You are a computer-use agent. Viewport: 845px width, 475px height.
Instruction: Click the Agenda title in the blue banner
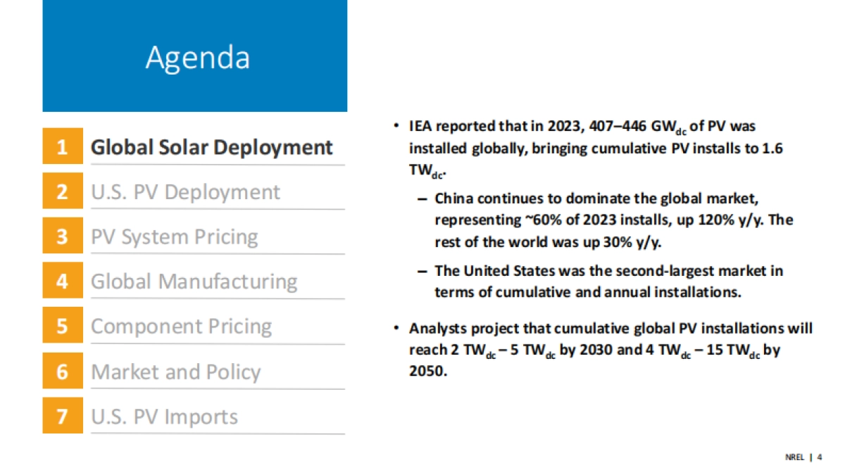click(197, 58)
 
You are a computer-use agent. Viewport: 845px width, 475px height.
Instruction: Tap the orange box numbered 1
click(63, 147)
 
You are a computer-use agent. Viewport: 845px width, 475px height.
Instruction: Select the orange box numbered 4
click(63, 281)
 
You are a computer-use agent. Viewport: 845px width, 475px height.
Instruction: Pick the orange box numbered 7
click(63, 417)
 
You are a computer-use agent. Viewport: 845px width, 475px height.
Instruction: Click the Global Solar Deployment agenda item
click(211, 147)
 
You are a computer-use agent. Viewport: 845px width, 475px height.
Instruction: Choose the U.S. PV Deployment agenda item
click(185, 192)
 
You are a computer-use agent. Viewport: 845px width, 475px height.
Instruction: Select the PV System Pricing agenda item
click(174, 237)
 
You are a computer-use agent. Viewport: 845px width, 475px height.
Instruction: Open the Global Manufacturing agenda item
click(194, 281)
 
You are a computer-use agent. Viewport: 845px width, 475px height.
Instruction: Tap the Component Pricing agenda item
click(181, 327)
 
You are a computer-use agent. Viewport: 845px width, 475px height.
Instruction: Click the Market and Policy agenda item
click(175, 372)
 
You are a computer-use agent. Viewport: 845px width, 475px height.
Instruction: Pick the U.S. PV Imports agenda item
click(164, 417)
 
